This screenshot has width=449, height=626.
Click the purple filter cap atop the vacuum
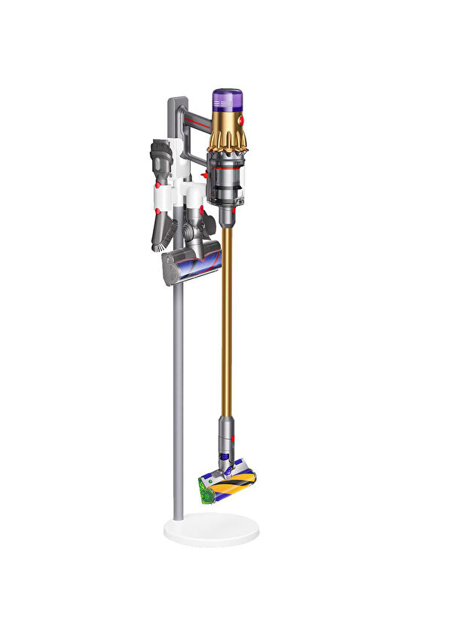click(x=228, y=99)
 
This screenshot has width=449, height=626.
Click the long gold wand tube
click(x=226, y=317)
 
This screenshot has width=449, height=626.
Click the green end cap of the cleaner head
click(x=203, y=487)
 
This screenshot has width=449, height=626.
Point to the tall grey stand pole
click(x=178, y=392)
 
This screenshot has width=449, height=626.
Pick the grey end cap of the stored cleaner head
click(x=169, y=269)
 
